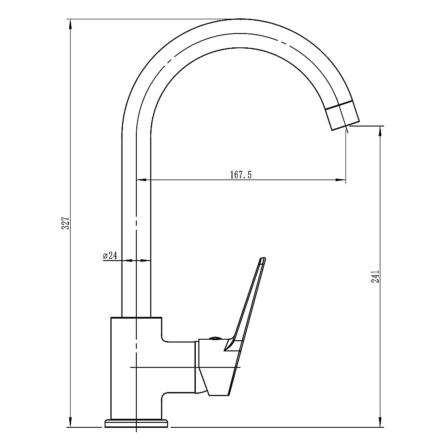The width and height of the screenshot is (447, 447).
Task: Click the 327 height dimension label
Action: click(x=65, y=223)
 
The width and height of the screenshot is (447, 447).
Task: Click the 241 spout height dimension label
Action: click(x=375, y=277)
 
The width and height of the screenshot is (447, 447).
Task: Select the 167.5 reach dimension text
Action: click(x=241, y=175)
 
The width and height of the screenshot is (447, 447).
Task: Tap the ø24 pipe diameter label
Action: click(x=110, y=256)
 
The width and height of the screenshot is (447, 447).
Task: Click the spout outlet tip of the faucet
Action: click(x=345, y=125)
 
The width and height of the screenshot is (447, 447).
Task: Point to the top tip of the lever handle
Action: click(x=263, y=259)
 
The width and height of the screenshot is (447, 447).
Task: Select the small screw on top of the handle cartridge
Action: click(x=214, y=338)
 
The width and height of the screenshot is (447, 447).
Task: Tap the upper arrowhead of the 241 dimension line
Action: click(x=380, y=130)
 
